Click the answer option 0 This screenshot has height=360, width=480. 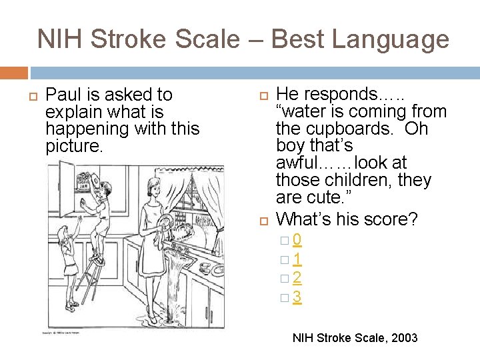pos(297,239)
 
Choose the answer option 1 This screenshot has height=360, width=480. pos(297,259)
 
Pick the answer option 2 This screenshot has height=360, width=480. pos(297,278)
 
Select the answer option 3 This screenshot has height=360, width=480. pos(297,297)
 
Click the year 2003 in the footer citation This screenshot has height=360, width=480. pos(402,338)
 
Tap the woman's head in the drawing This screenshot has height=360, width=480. pos(154,185)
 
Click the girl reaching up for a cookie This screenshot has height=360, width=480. pos(67,253)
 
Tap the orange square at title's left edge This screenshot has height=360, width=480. pos(13,73)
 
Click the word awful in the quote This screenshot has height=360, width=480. pos(299,163)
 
